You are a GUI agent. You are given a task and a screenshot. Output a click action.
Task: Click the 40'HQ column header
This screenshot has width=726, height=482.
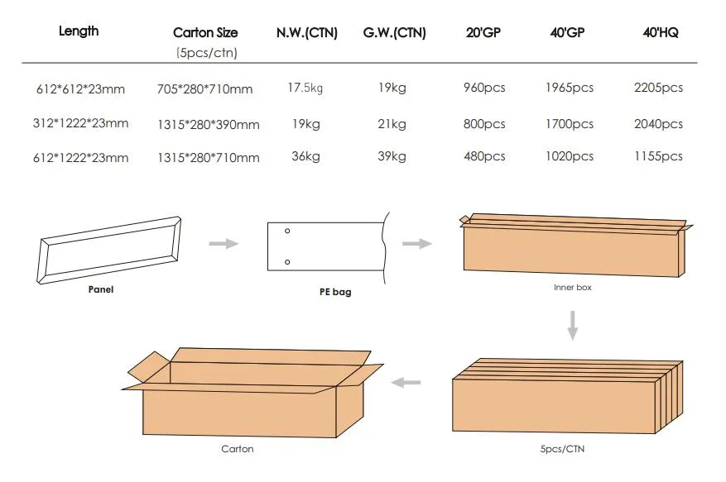click(x=660, y=33)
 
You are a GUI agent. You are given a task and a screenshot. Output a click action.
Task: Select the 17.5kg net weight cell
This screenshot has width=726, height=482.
click(x=306, y=88)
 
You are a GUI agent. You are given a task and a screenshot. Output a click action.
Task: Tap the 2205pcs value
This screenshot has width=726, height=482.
click(x=658, y=88)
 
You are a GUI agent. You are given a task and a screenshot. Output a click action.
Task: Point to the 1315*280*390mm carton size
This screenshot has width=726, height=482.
click(x=208, y=125)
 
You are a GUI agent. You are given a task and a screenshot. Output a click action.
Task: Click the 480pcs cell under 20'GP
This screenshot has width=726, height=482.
click(x=484, y=156)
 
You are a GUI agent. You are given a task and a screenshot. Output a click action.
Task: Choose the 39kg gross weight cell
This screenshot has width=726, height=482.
click(x=392, y=156)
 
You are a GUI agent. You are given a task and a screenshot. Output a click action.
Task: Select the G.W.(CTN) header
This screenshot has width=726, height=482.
click(x=394, y=33)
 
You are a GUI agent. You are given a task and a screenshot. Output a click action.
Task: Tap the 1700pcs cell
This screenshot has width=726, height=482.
click(x=569, y=124)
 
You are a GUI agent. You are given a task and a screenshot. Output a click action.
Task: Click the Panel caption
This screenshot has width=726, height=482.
click(x=101, y=290)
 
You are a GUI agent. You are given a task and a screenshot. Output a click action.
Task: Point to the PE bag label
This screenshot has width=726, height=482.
click(x=335, y=292)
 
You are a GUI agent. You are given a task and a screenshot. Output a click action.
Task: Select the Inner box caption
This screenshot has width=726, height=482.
click(x=573, y=288)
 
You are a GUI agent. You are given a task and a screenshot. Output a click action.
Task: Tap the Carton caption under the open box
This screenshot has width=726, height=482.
click(x=237, y=449)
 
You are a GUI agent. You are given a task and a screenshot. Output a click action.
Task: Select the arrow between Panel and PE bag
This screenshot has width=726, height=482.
click(x=223, y=243)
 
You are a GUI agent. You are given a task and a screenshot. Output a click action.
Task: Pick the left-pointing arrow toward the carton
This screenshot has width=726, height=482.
click(x=406, y=382)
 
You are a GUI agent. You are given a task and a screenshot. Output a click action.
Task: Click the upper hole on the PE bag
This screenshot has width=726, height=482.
click(x=287, y=231)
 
